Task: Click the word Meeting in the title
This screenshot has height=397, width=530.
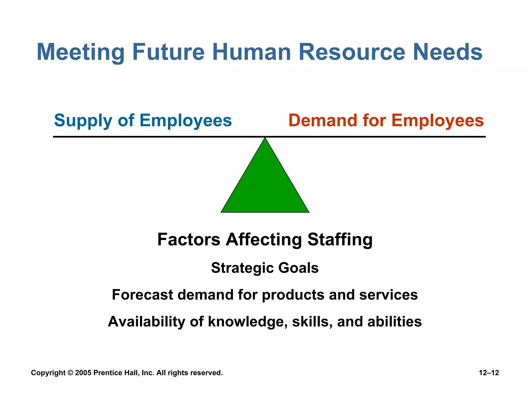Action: point(80,52)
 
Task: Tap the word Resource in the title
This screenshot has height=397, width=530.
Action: point(352,52)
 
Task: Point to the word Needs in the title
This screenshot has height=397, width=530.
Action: point(448,52)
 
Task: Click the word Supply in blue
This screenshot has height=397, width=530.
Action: point(83,121)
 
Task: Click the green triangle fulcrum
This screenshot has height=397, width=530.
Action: point(265,186)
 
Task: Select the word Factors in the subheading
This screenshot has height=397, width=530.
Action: point(189,239)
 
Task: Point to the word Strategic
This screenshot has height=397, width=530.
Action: point(242,268)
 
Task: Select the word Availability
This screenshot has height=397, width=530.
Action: point(146,322)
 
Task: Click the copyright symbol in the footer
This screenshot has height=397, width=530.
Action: point(70,373)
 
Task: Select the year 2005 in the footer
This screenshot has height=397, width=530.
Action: point(83,373)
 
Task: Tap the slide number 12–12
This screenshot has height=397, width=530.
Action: point(489,373)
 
